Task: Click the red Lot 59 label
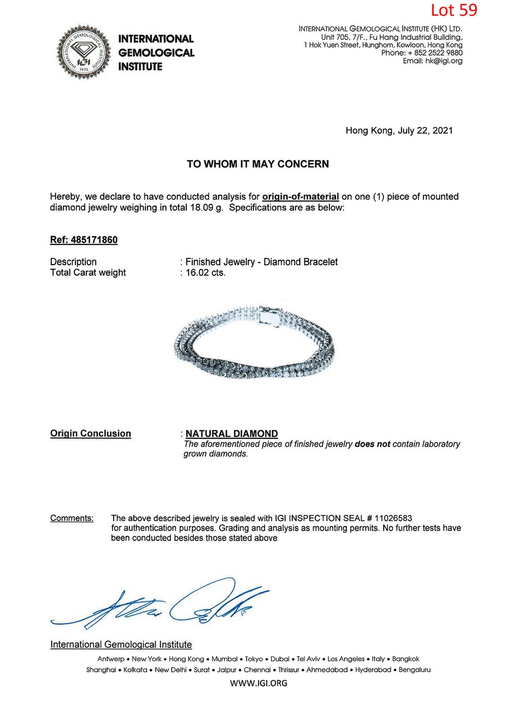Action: tap(453, 10)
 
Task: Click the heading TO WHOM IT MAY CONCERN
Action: tap(258, 164)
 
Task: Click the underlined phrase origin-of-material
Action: tap(300, 196)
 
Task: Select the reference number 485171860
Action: tap(94, 240)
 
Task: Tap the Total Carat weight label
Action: tap(88, 272)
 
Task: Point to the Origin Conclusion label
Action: tap(91, 433)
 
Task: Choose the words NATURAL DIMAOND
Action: tap(232, 433)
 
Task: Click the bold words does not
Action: tap(372, 444)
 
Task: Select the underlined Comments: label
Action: tap(72, 518)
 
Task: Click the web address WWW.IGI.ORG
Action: tap(258, 683)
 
